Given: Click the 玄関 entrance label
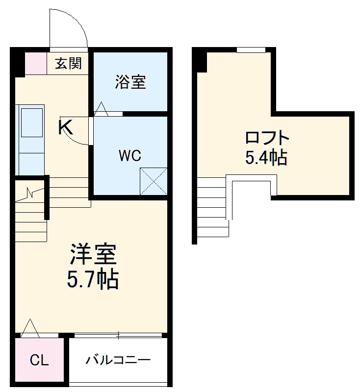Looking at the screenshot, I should (68, 63).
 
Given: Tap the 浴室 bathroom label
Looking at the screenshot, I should (130, 82).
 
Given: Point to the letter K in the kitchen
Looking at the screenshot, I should (66, 128).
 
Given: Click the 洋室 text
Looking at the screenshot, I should (93, 255).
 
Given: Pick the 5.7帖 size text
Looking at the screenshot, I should (93, 279).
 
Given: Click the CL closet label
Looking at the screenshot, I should (39, 361).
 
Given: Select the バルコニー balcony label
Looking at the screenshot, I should (118, 361).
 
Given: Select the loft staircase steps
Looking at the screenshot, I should (213, 206).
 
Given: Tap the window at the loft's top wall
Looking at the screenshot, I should (251, 49).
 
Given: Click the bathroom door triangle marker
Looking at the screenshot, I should (102, 109).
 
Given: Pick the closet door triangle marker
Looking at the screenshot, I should (29, 327).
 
